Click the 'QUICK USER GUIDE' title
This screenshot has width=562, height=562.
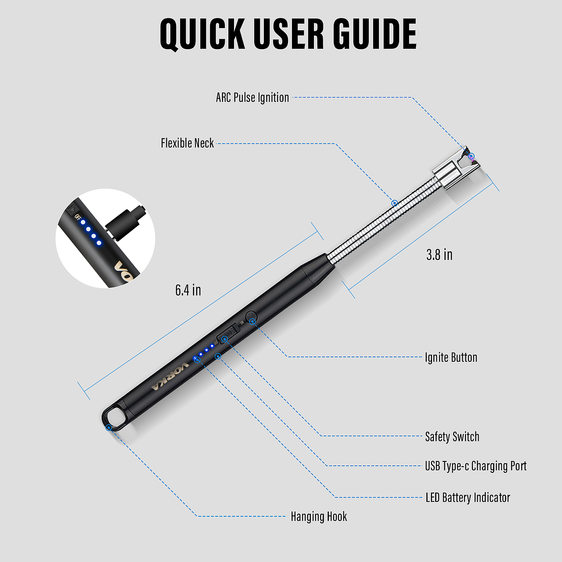click(x=288, y=34)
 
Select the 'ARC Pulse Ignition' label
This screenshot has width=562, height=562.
click(x=252, y=98)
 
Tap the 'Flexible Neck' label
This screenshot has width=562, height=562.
click(x=187, y=143)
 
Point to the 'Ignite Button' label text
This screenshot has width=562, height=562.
click(x=451, y=357)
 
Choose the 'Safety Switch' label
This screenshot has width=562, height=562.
click(x=452, y=436)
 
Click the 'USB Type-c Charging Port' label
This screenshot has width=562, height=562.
click(x=476, y=466)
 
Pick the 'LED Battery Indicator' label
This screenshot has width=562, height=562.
click(x=468, y=497)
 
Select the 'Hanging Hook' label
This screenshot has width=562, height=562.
click(x=319, y=516)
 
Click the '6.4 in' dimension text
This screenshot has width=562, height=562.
click(x=188, y=290)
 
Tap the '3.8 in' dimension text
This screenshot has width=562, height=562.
click(x=439, y=255)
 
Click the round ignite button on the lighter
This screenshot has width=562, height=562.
click(x=251, y=317)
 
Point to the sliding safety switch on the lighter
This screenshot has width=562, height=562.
click(x=228, y=333)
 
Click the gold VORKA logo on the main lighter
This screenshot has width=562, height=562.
click(x=170, y=376)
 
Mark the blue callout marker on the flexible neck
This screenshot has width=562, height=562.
click(x=395, y=203)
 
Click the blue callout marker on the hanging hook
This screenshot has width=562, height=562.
click(x=109, y=428)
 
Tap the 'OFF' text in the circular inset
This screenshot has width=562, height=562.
click(x=77, y=217)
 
